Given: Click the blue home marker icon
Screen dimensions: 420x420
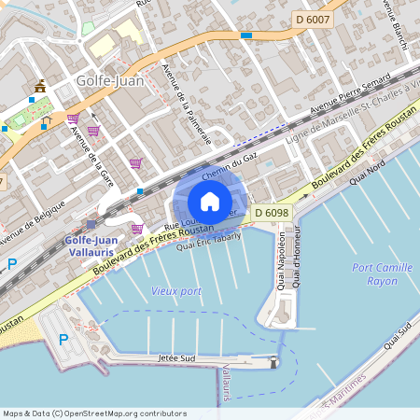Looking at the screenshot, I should click(210, 201).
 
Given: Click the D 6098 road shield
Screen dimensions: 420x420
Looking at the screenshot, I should click(272, 214).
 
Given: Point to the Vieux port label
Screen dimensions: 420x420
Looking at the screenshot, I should click(175, 291).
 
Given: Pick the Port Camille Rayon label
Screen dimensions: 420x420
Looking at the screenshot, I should click(375, 274).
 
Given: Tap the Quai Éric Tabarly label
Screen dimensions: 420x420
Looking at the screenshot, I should click(208, 241).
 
